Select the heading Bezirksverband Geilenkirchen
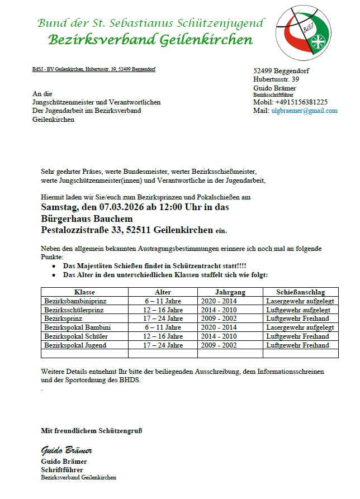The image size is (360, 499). (150, 40)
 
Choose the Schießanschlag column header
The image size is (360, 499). (300, 292)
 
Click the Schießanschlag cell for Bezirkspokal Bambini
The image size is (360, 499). (300, 327)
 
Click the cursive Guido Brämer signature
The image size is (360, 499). (67, 450)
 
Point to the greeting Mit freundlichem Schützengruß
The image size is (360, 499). (95, 430)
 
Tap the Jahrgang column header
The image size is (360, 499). (230, 292)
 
